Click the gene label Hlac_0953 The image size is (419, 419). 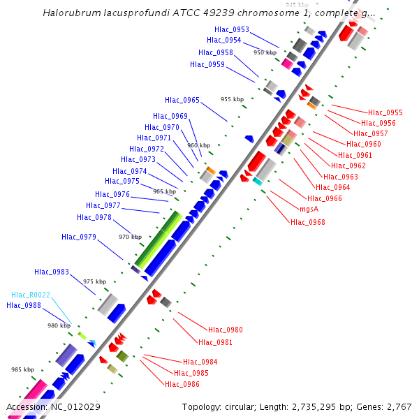(x=232, y=29)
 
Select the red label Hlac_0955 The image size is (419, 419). (x=385, y=112)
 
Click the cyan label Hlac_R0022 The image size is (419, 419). (x=31, y=295)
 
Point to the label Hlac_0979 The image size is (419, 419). (x=79, y=237)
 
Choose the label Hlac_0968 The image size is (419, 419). (x=308, y=222)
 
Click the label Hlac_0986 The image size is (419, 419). (x=182, y=384)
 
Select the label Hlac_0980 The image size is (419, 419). (x=226, y=330)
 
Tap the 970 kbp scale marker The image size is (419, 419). (x=130, y=237)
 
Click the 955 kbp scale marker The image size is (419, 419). (x=232, y=99)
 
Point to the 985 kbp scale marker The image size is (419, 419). (x=22, y=369)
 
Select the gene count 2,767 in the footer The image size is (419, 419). (x=398, y=406)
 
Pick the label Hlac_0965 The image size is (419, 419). (x=182, y=100)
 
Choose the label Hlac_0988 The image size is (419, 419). (x=24, y=305)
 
